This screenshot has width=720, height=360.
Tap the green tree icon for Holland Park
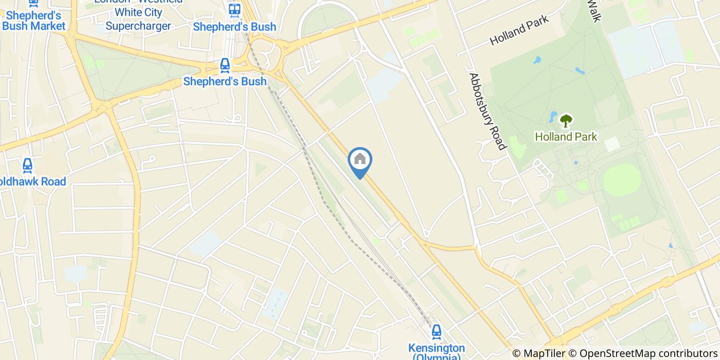click(566, 121)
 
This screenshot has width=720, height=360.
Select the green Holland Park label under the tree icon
click(566, 137)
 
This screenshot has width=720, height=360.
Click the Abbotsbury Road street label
click(487, 111)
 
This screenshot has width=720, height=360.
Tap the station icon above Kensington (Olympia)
click(436, 331)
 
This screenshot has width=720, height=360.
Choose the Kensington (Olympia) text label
click(436, 353)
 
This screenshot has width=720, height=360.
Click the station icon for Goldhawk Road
click(27, 165)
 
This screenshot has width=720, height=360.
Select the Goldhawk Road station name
click(34, 182)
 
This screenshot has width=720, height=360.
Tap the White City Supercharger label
click(139, 19)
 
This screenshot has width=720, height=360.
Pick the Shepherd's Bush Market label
click(34, 21)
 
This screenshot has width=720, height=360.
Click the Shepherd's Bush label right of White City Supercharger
click(235, 27)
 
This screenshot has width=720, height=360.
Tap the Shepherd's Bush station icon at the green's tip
click(225, 65)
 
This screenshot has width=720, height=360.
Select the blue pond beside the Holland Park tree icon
click(553, 116)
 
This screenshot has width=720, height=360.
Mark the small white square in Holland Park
click(612, 144)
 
